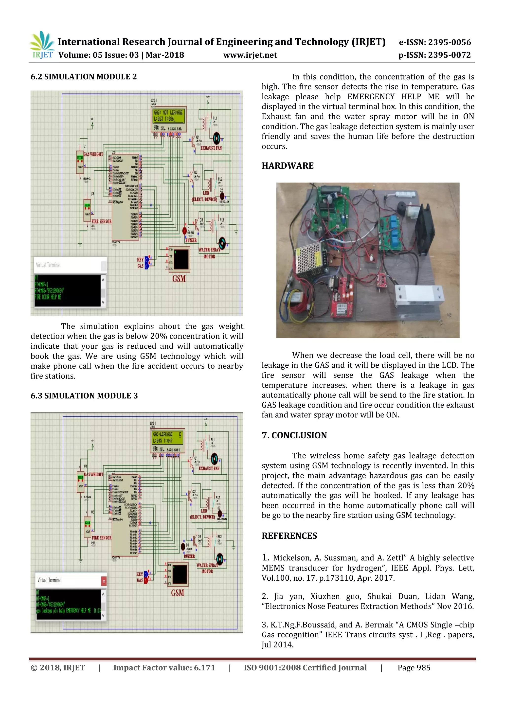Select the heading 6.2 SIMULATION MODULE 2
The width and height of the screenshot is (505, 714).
[84, 77]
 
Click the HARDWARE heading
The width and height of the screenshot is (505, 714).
[288, 166]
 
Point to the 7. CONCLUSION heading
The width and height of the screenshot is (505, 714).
[294, 435]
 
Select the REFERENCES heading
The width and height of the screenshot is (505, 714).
[289, 536]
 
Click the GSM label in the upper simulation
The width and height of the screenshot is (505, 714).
[179, 279]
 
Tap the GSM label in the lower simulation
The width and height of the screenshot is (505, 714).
[177, 593]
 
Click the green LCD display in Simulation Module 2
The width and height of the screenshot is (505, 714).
[168, 116]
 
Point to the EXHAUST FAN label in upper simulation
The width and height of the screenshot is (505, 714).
[211, 148]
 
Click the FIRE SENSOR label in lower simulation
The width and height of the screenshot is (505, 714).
[101, 538]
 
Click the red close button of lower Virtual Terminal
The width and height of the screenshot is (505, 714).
[104, 581]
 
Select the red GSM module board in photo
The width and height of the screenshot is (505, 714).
[342, 299]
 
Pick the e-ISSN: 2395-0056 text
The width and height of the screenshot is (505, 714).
[435, 42]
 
